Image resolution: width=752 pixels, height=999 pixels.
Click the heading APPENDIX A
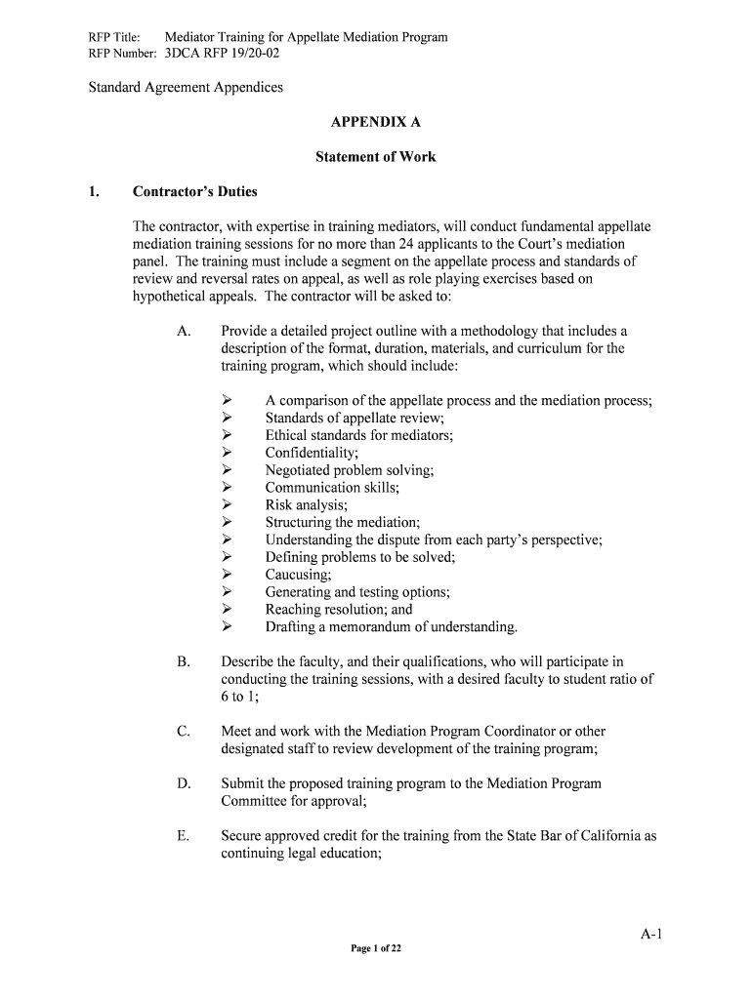[x=375, y=123]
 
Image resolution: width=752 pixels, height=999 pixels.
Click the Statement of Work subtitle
[x=375, y=156]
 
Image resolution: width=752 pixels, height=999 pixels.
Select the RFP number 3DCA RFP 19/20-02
[x=223, y=54]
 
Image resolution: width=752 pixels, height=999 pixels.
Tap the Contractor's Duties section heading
[x=195, y=191]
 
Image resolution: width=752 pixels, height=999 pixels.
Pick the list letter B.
[x=184, y=661]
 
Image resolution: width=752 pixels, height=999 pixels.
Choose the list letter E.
[x=184, y=835]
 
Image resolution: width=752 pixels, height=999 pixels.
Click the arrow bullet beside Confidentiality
[x=227, y=453]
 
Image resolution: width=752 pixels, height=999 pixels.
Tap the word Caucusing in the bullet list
[x=298, y=575]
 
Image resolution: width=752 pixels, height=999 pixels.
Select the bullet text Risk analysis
[x=306, y=505]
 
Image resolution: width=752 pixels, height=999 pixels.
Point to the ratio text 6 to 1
[x=238, y=697]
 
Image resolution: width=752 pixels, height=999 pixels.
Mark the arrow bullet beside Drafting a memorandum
[x=227, y=626]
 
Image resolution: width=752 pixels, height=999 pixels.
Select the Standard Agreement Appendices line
[x=186, y=87]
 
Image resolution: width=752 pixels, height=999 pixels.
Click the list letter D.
[x=184, y=783]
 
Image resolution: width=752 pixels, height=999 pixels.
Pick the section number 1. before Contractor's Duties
[x=94, y=191]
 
